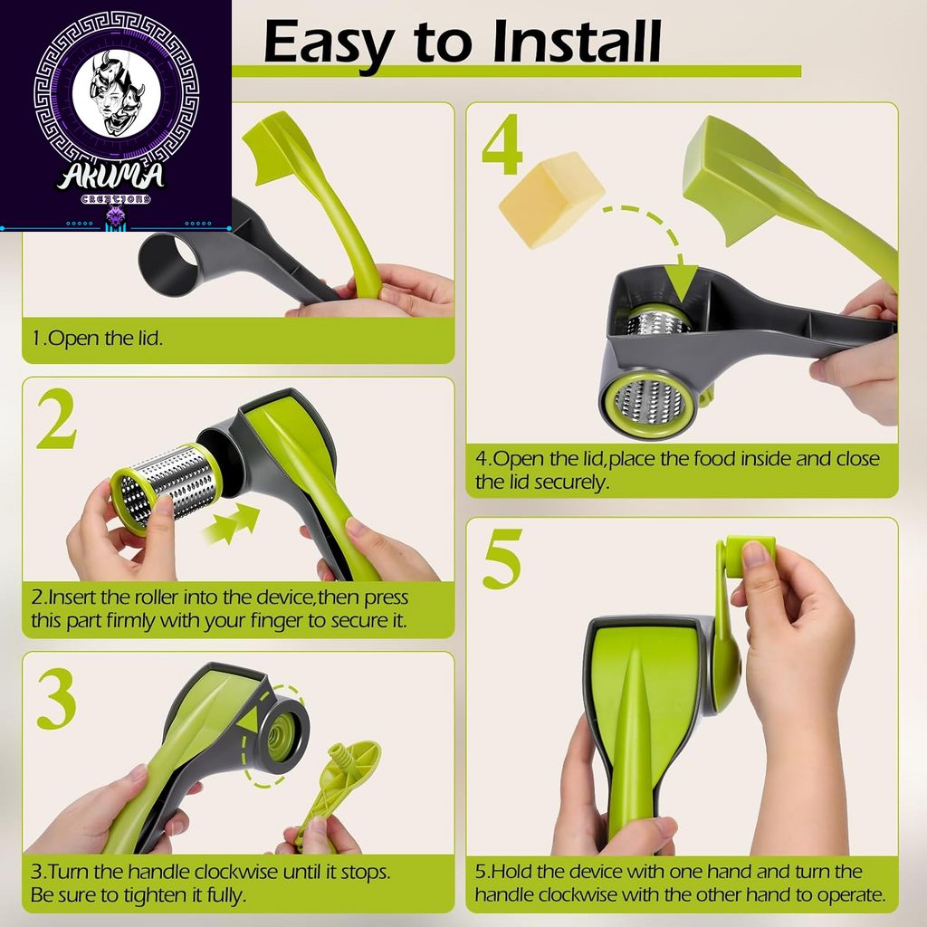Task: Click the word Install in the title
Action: [577, 42]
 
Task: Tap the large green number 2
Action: [57, 419]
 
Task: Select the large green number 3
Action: [57, 700]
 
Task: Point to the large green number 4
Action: [502, 144]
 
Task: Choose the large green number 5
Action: [503, 559]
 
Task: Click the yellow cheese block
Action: [551, 199]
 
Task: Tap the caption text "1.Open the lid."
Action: [97, 339]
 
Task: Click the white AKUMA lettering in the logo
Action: [111, 176]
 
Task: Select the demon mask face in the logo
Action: [117, 93]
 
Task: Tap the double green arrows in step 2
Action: [231, 523]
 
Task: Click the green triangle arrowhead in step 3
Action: [248, 722]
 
